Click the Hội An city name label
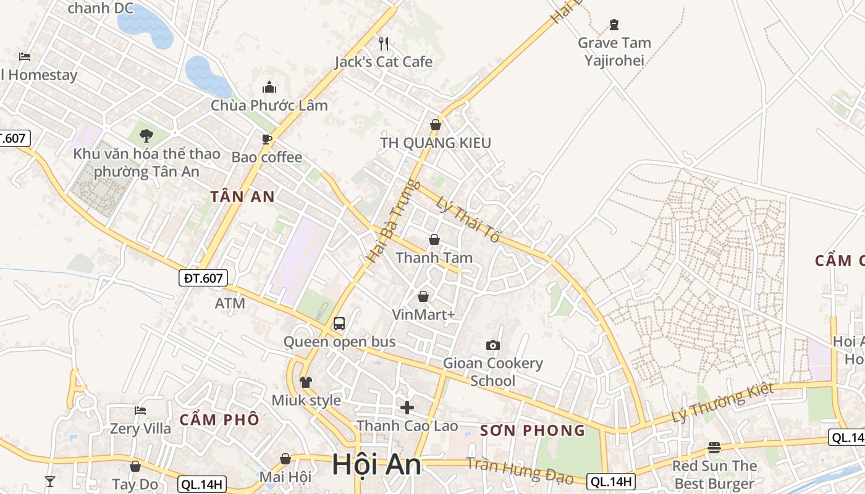376,464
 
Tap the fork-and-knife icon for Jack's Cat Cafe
384,43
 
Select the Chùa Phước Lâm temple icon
269,87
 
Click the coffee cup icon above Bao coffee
267,139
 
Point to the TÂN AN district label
242,197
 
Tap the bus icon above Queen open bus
339,323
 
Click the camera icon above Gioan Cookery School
492,345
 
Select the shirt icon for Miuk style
306,382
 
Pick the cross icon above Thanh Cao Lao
407,408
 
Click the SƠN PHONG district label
532,430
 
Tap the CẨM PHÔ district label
219,420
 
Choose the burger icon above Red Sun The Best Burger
714,447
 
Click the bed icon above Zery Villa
140,410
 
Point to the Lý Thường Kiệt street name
723,403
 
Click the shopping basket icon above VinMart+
423,296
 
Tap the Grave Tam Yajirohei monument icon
614,25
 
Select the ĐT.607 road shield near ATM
203,278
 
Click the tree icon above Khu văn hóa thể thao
146,135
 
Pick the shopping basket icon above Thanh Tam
434,240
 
